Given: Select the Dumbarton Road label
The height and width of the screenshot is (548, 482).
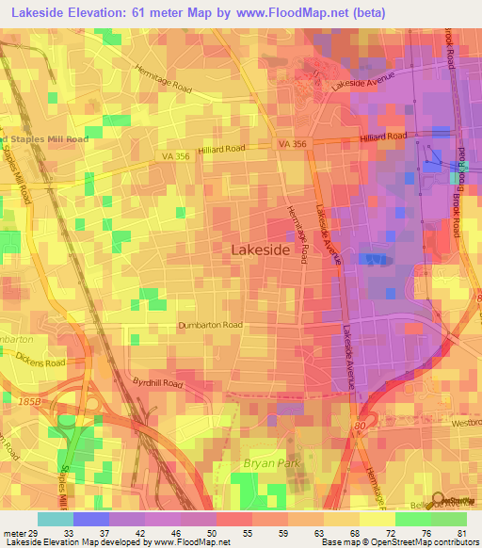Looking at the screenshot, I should (211, 325).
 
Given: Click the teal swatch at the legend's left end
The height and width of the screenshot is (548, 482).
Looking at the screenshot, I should (56, 518).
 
